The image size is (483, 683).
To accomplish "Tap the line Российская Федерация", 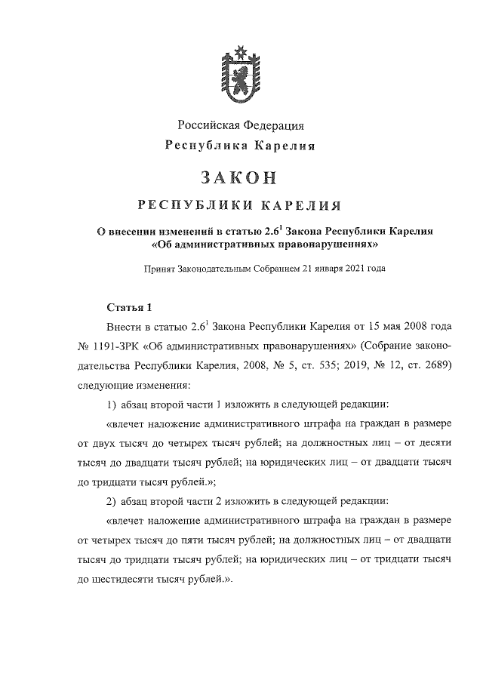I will (x=241, y=125).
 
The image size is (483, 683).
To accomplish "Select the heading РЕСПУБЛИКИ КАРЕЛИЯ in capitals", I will (x=241, y=205).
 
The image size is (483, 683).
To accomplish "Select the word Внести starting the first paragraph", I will (x=122, y=328).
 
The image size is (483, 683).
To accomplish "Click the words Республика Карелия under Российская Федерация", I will (x=241, y=145).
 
